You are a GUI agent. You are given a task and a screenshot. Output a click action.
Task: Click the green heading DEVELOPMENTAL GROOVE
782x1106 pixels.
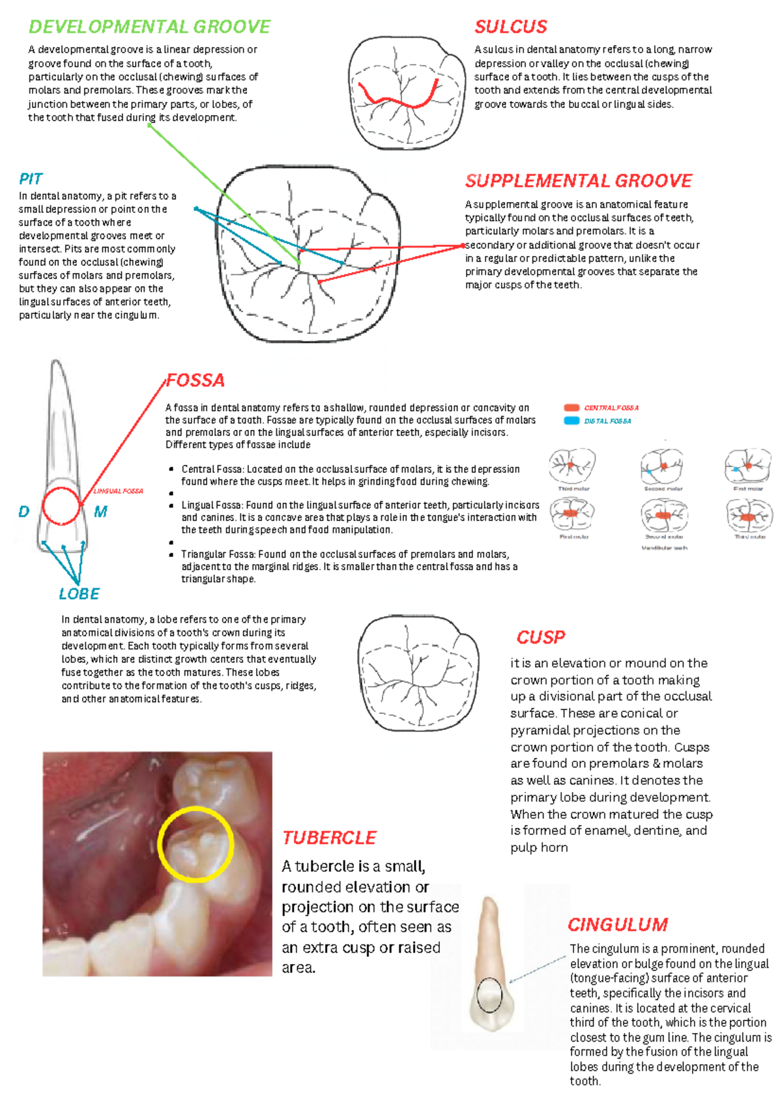coord(149,27)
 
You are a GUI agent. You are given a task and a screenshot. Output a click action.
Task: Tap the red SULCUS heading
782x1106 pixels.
coord(510,27)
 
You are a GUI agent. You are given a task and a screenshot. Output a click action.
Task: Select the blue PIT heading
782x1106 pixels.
coord(31,179)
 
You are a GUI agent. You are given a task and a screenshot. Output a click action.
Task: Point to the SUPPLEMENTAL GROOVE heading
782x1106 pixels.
coord(578,180)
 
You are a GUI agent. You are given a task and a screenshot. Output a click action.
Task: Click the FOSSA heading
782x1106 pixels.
coord(195,380)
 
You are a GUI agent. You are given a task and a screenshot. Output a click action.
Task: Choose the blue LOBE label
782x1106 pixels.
coord(79,594)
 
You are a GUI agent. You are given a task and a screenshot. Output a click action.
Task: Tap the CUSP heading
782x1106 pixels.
coord(540,637)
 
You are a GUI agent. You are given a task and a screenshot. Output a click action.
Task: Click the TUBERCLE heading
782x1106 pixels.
coord(329,838)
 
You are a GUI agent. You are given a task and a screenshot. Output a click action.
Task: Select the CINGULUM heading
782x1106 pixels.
coord(617,925)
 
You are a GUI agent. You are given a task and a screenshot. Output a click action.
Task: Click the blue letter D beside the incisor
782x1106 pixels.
coord(24,512)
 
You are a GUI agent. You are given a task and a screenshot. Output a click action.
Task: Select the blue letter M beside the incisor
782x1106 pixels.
coord(100,512)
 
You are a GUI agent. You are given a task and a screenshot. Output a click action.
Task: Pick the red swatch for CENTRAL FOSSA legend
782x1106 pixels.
coord(572,408)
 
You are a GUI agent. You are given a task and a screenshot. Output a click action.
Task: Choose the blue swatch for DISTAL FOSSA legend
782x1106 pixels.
coord(572,421)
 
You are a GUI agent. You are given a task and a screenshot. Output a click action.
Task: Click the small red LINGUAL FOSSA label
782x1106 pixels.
coord(118,491)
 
